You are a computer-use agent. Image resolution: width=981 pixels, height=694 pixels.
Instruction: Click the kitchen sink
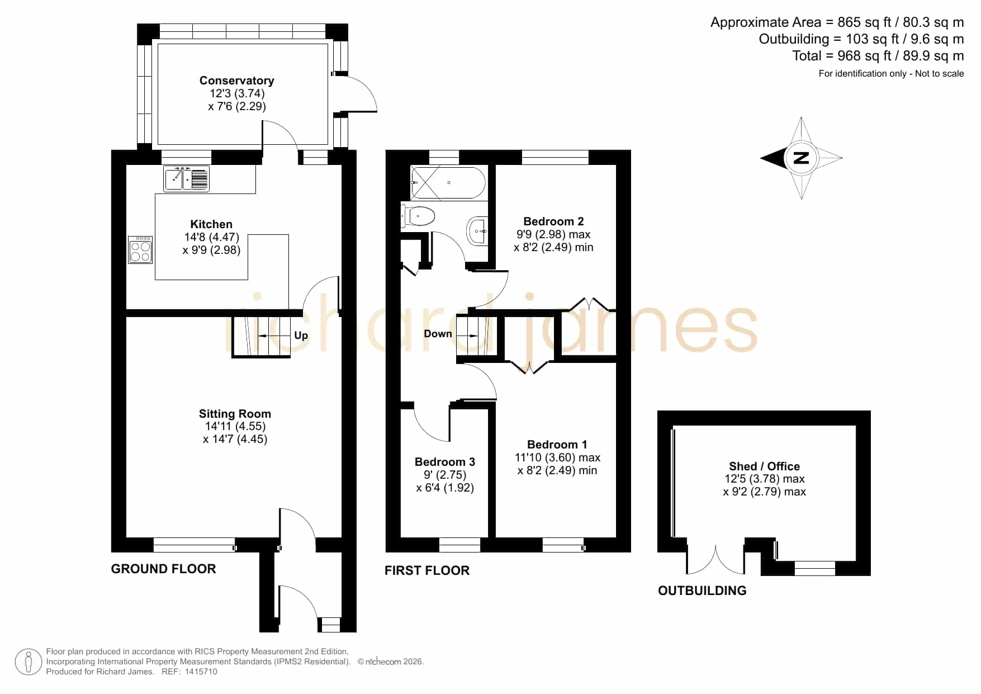click(x=186, y=179)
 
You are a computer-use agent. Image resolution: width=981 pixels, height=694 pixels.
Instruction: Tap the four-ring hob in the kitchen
click(x=140, y=249)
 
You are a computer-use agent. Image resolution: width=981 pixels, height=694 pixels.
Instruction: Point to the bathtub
click(x=448, y=183)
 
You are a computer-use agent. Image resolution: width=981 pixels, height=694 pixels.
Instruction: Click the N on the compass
click(x=802, y=158)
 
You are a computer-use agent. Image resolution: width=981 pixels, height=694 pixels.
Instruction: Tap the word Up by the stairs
click(x=301, y=336)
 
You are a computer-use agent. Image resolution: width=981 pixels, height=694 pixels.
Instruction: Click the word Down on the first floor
click(x=438, y=334)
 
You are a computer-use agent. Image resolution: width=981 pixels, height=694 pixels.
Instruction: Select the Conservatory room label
click(x=237, y=81)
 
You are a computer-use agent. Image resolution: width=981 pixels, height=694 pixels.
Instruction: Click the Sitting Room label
click(x=235, y=414)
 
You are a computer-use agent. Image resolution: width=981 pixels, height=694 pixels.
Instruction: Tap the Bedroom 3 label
click(x=445, y=462)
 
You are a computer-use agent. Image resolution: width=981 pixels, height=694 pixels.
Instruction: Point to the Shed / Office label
click(x=764, y=466)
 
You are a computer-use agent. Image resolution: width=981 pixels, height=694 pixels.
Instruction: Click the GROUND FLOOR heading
click(x=163, y=569)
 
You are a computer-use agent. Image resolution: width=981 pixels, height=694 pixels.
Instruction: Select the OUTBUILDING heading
click(x=702, y=591)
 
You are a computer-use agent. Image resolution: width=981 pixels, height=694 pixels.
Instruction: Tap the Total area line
click(x=878, y=56)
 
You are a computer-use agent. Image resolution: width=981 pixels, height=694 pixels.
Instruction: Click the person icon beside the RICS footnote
click(x=28, y=662)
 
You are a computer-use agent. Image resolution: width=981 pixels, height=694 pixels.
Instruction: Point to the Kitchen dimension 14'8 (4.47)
click(x=212, y=237)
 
